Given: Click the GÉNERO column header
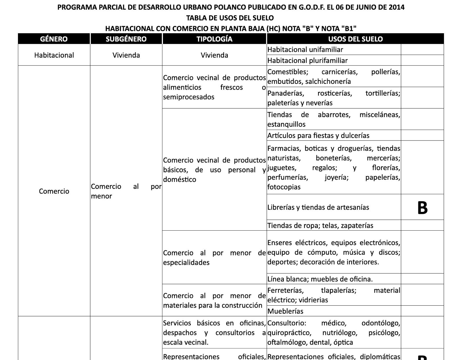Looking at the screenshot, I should pos(54,39).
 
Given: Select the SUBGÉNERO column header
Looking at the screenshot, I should pos(126,39).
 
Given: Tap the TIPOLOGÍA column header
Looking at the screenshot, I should pos(214,39).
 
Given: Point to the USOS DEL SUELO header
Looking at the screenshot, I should pos(355,39).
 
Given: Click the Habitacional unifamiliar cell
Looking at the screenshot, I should pos(305,49).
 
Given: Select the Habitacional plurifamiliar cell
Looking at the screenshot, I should pos(307,60).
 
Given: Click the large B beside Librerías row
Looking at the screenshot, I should pos(422,208).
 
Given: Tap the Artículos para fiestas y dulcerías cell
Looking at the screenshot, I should pos(318,135).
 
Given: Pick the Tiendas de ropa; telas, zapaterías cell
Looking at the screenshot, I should pos(320,225).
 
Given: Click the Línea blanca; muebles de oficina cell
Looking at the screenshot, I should pos(320,279).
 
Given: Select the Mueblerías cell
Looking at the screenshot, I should pos(285,311).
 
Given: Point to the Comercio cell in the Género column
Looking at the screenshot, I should pos(54,191).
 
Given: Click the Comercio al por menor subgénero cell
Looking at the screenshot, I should pos(126,191).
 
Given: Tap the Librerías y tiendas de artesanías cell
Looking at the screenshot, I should pos(318,207).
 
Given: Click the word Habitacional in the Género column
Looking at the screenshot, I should pos(54,55).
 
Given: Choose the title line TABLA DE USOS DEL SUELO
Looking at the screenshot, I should pos(230,18).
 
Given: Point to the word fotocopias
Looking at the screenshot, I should pos(284,187).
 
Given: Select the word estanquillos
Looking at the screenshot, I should pos(286,124).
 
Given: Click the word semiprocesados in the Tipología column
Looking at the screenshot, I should pos(189,97).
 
